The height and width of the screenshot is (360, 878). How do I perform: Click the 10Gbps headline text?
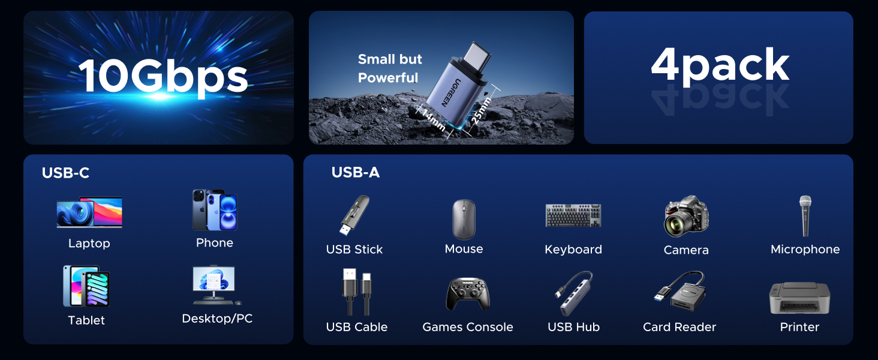point(163,77)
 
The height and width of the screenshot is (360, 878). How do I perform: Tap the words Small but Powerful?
point(389,68)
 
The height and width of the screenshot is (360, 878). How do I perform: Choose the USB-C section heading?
point(65,173)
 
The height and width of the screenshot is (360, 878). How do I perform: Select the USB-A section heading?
point(356,173)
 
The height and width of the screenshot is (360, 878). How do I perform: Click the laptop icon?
point(89,213)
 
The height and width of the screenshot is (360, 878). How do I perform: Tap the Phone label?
point(214,243)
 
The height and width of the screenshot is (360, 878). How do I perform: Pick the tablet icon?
point(87,286)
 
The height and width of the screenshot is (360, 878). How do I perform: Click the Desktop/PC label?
point(217,319)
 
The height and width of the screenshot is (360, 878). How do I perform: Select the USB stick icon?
point(353,215)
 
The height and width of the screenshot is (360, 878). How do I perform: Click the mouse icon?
point(464,219)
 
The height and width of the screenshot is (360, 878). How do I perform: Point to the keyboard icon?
point(573,215)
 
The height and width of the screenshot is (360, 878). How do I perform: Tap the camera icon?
point(686,216)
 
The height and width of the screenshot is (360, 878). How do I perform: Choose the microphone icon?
point(805,216)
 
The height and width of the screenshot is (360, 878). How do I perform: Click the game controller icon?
point(468,294)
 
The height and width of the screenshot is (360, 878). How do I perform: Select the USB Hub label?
point(573,327)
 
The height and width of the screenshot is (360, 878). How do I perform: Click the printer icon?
point(799,298)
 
